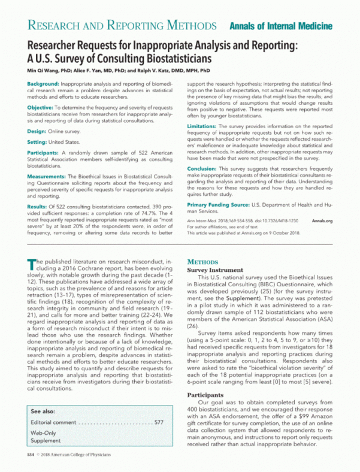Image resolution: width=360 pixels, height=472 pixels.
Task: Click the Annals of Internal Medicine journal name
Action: pyautogui.click(x=280, y=26)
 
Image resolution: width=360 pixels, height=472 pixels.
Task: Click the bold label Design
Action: pyautogui.click(x=37, y=131)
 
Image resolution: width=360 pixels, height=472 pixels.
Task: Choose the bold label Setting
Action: pyautogui.click(x=38, y=141)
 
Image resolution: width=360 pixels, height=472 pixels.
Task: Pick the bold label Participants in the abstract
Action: pyautogui.click(x=44, y=153)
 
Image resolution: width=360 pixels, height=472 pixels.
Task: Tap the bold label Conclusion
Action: pyautogui.click(x=205, y=169)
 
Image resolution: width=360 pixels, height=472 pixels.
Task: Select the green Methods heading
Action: pyautogui.click(x=206, y=262)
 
